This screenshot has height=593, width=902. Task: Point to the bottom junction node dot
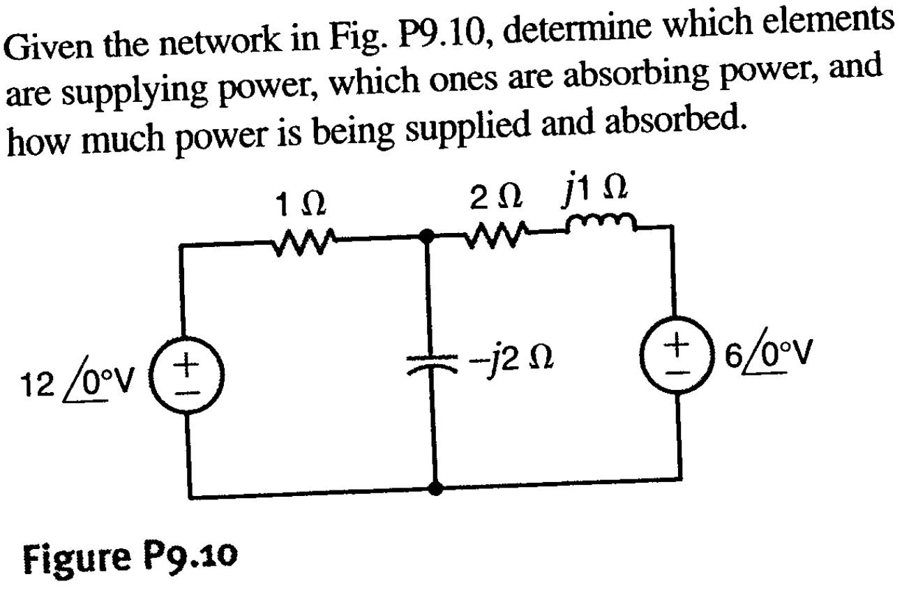435,488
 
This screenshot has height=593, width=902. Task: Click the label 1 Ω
301,205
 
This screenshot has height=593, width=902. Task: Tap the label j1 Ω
594,190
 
